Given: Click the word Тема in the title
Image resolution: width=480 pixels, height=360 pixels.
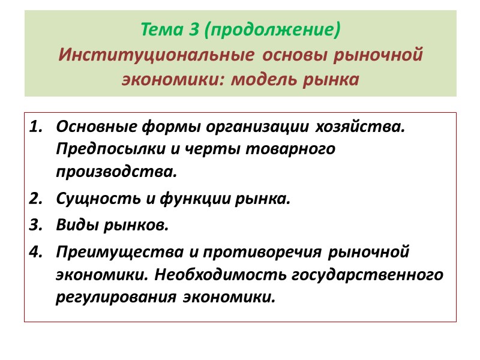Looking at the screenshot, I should coord(158,29).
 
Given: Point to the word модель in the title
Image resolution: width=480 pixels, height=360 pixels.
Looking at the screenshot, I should coord(266,80).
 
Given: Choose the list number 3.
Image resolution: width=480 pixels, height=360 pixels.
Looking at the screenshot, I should coord(37,226).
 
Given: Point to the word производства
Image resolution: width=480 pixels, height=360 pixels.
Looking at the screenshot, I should coord(116,172).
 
